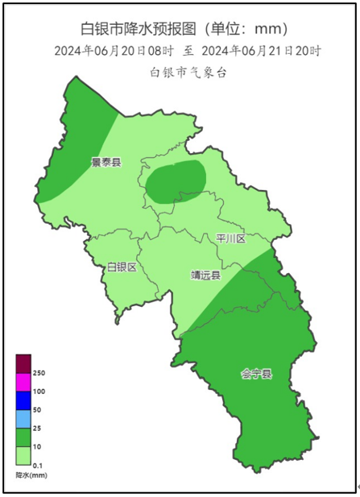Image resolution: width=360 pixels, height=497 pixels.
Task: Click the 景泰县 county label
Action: pos(106,162)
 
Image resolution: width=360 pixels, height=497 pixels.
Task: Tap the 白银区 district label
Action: pos(122,267)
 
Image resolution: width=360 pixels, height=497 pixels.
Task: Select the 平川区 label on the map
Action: pos(230,239)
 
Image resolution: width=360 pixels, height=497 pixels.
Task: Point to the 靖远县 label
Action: pos(205,275)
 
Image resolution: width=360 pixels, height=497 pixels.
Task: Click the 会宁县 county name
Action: pos(256,374)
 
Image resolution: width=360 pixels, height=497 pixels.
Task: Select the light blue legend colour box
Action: pos(23,419)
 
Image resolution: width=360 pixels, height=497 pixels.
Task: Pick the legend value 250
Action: pos(39,372)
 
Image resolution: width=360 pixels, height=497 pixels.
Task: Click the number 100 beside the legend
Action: pos(39,391)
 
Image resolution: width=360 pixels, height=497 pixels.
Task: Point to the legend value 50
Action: pos(37,409)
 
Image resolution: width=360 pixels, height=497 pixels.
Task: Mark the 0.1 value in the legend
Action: pos(38,466)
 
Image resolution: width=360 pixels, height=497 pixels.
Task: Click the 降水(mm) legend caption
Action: pos(33,476)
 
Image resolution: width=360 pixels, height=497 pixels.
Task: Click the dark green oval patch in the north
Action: pos(175,181)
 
